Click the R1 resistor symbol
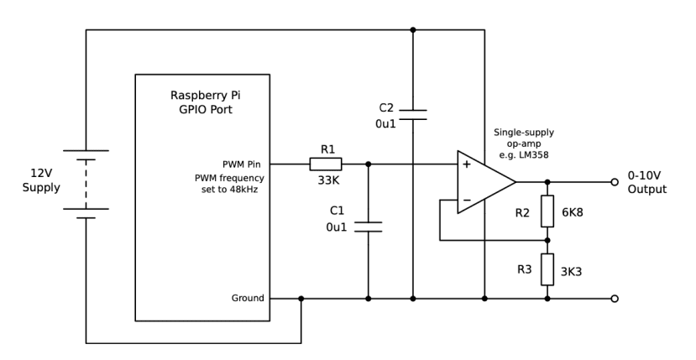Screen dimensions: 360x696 [326, 164]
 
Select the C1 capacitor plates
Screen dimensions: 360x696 [368, 227]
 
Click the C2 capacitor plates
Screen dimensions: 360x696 [412, 115]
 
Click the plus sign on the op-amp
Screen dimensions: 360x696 [466, 165]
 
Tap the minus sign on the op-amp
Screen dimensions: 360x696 [466, 201]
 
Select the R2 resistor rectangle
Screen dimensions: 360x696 [547, 211]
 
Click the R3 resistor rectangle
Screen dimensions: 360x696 [547, 269]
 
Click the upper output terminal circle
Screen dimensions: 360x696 [615, 182]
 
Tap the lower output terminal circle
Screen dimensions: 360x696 [615, 298]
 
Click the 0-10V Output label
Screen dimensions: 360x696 [646, 183]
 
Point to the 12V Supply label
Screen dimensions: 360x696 [41, 180]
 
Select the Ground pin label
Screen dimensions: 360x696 [248, 298]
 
